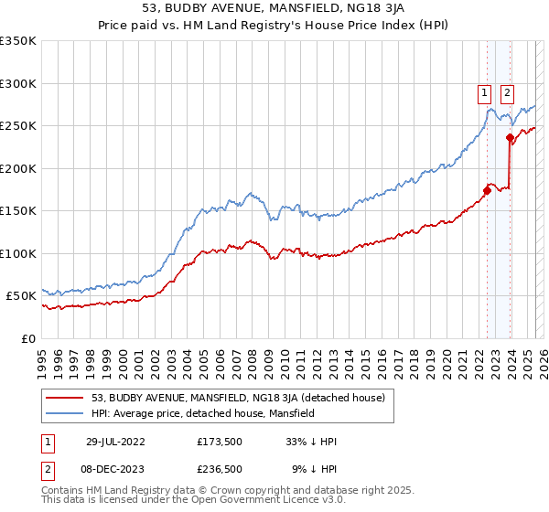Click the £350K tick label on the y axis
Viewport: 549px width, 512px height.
18,41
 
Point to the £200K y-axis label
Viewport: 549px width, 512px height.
18,168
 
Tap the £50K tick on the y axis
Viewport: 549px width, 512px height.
22,296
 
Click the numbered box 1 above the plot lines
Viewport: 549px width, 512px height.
482,91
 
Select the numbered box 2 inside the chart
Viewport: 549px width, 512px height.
506,91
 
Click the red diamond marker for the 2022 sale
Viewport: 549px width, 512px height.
487,191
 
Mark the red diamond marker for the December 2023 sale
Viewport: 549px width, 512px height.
510,138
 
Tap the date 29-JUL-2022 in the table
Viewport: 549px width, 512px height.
115,442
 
